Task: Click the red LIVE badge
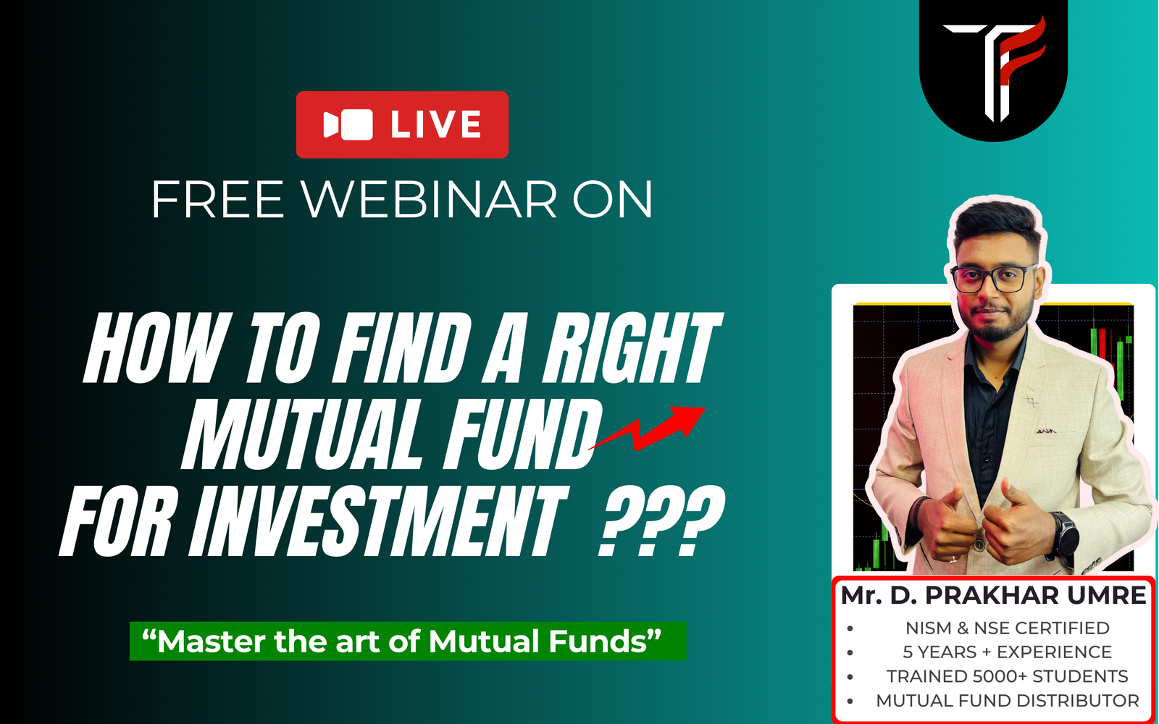pos(402,125)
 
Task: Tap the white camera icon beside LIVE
pos(348,125)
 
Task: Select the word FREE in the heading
pos(218,200)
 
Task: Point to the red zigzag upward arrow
pos(647,428)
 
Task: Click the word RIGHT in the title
pos(631,348)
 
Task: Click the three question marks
pos(661,521)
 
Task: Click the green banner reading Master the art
pos(408,641)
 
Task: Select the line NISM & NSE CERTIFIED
pos(1008,628)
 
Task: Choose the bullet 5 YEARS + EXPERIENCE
pos(1008,652)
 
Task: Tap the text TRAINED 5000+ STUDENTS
pos(1008,676)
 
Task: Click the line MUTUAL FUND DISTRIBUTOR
pos(1008,701)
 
